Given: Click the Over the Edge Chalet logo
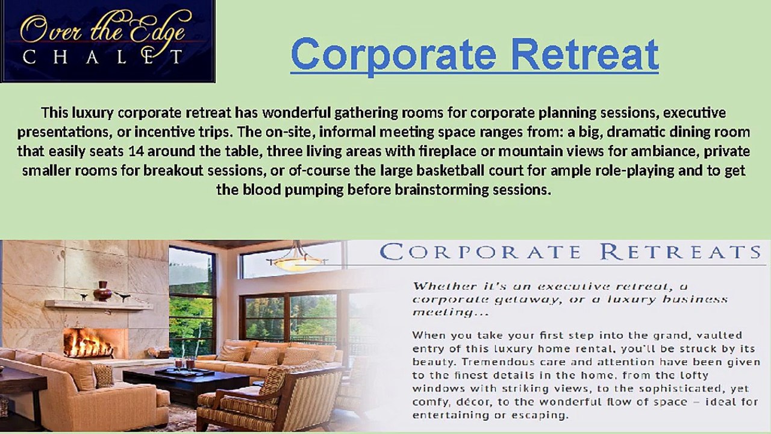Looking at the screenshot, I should point(107,41).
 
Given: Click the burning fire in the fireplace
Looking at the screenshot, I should point(88,344).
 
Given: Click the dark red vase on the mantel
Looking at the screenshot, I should point(102,291).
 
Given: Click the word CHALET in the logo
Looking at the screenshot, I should point(102,58).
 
